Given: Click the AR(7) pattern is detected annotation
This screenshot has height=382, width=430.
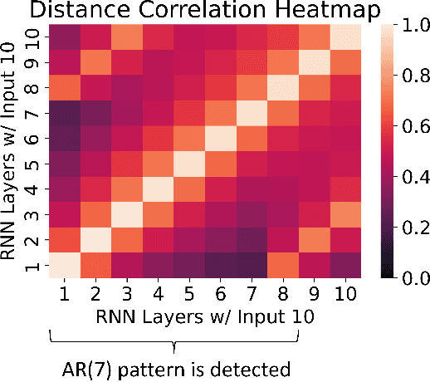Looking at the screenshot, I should click(x=175, y=368).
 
